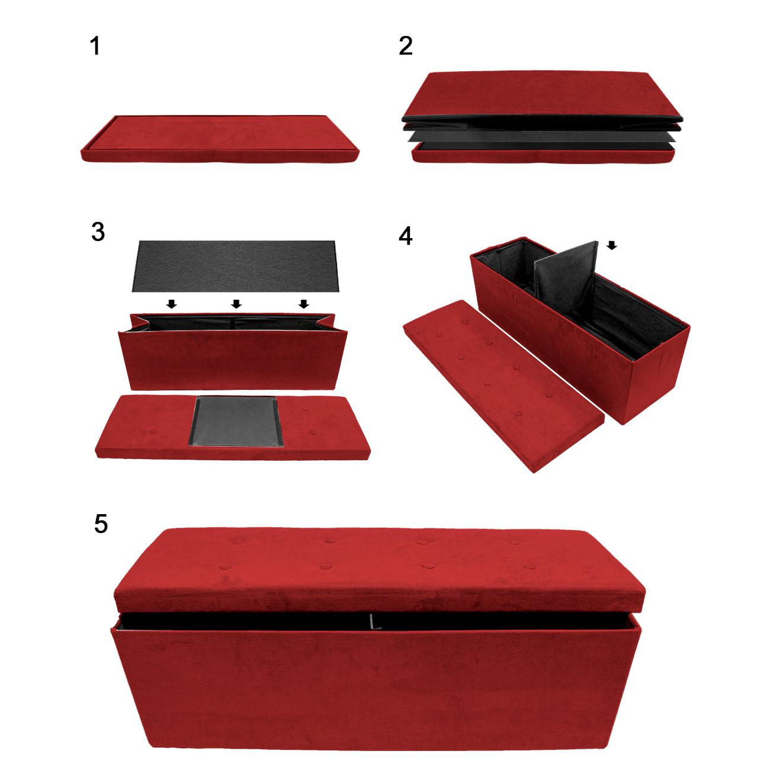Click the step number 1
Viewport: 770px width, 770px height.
point(95,46)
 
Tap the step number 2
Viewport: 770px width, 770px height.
point(406,46)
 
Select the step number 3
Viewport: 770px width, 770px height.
point(98,232)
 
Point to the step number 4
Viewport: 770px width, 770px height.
point(406,236)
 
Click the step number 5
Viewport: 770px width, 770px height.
point(101,524)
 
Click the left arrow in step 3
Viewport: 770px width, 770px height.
point(171,304)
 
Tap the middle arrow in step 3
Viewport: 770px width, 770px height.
point(236,304)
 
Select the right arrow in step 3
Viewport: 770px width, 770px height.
point(304,304)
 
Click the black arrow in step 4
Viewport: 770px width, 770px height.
point(612,245)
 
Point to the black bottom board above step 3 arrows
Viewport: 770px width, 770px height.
point(235,266)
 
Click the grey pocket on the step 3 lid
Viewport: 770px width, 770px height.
point(236,422)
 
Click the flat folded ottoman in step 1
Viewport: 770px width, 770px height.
point(220,139)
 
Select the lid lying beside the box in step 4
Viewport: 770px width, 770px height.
point(503,386)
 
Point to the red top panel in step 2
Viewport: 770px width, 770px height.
point(542,95)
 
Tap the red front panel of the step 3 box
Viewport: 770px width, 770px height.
point(233,360)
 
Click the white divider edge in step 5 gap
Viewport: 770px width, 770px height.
point(374,625)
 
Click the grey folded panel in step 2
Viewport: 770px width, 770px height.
point(541,137)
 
